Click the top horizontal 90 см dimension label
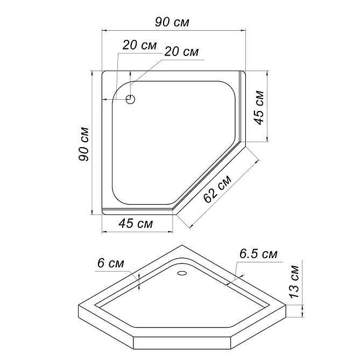172,22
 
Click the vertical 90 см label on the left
84,144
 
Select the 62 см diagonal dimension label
217,189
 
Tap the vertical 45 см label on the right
259,108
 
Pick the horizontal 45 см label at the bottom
136,223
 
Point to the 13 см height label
294,282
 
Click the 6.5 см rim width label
258,254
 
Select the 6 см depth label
110,263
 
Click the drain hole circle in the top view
130,100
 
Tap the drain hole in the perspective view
182,273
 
